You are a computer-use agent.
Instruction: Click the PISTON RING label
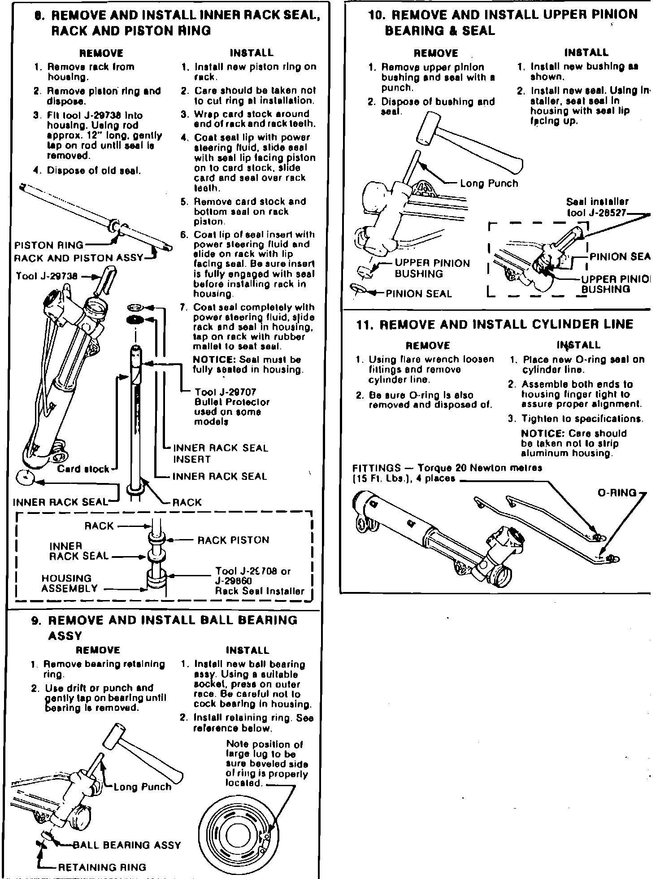pos(49,245)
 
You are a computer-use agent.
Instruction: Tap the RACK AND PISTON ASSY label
pos(78,258)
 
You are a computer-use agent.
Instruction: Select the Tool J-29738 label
pos(46,276)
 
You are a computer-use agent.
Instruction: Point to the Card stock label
pos(83,469)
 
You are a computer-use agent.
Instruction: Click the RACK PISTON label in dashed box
pos(233,540)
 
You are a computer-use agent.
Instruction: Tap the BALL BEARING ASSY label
pos(126,845)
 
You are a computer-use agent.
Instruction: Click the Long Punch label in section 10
pos(489,183)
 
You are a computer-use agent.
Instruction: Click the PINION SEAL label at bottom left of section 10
pos(419,294)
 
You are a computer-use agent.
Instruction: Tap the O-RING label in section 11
pos(617,492)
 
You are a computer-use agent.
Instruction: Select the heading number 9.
pos(35,621)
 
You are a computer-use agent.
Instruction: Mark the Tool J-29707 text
pos(225,392)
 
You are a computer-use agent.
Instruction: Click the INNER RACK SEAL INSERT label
pos(221,453)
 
